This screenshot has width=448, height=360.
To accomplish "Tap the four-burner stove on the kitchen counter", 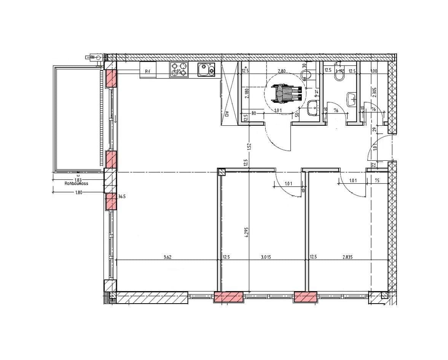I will (179, 70).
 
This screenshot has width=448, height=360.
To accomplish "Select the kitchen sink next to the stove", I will (206, 70).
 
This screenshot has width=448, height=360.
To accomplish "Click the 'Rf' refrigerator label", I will (148, 71).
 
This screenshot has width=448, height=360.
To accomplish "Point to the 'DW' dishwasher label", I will (226, 114).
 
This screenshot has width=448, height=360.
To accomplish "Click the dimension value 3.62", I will (167, 257).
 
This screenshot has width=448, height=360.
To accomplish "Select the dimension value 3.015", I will (266, 257).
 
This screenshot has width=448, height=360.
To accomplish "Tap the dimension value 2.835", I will (347, 257).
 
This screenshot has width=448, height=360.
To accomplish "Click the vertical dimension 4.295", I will (247, 232).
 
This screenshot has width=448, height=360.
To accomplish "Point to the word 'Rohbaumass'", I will (76, 184).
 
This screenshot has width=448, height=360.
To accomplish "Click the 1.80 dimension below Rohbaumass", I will (79, 193).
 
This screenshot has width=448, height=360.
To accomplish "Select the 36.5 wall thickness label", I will (122, 197).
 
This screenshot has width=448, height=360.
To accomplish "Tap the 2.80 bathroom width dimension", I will (282, 71).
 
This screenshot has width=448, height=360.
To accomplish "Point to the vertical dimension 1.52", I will (250, 146).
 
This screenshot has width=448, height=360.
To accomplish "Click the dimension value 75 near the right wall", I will (377, 181).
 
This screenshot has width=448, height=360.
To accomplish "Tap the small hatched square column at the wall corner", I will (221, 172).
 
